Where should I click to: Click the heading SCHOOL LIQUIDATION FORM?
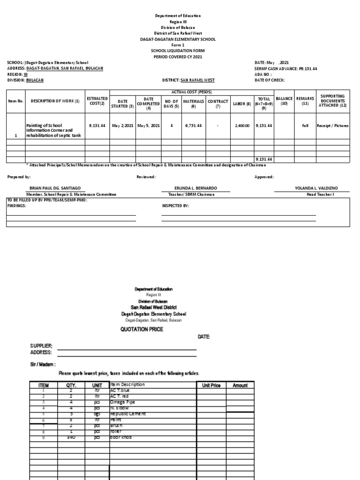pyautogui.click(x=178, y=51)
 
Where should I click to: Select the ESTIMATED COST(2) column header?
pyautogui.click(x=97, y=101)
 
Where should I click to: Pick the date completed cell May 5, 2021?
pyautogui.click(x=149, y=126)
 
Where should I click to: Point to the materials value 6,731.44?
pyautogui.click(x=193, y=126)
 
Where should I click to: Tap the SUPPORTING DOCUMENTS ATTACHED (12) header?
pyautogui.click(x=333, y=101)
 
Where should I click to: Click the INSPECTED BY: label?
pyautogui.click(x=175, y=206)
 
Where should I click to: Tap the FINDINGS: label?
pyautogui.click(x=16, y=206)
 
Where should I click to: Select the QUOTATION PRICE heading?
pyautogui.click(x=142, y=329)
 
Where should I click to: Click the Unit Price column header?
pyautogui.click(x=211, y=385)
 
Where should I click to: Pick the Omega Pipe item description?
pyautogui.click(x=122, y=402)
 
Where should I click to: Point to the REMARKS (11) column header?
pyautogui.click(x=305, y=101)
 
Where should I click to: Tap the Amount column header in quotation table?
pyautogui.click(x=240, y=385)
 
